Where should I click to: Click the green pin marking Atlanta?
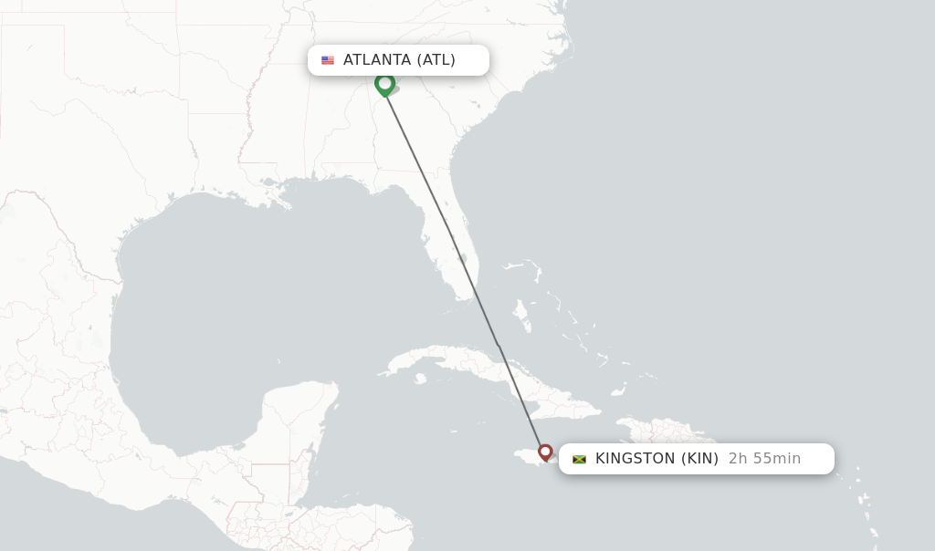pos(384,84)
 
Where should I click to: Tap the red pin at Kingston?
pos(545,451)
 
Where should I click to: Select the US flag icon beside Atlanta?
pos(328,60)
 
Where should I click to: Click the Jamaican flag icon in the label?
pos(579,459)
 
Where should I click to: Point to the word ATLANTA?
pos(376,60)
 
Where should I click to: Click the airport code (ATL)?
pos(436,60)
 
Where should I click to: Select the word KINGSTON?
pos(636,459)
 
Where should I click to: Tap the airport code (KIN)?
pos(699,459)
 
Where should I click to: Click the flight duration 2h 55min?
pos(764,459)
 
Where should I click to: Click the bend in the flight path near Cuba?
pos(498,345)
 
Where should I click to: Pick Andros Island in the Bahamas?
pos(521,316)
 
